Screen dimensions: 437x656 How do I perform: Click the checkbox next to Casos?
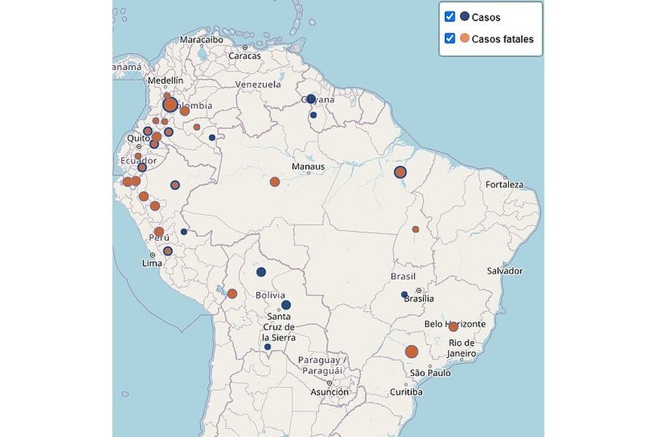click(x=450, y=17)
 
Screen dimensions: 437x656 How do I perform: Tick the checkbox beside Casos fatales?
click(x=450, y=38)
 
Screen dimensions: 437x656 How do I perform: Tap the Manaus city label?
click(x=310, y=167)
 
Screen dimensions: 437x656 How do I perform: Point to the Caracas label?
click(x=244, y=56)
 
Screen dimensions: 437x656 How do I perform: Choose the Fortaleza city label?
click(x=504, y=185)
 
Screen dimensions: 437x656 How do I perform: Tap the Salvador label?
click(x=504, y=271)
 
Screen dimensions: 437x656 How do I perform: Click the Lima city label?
click(x=152, y=263)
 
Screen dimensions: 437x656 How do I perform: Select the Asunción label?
click(x=330, y=392)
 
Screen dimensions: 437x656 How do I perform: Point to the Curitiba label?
click(x=406, y=392)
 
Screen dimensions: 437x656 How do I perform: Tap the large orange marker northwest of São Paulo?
click(x=412, y=351)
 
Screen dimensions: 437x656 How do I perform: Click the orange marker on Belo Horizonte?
click(x=453, y=326)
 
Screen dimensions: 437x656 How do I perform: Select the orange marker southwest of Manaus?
click(x=274, y=182)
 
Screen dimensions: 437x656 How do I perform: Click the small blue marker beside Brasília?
click(x=404, y=294)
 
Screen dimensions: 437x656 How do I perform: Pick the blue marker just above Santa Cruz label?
click(x=286, y=305)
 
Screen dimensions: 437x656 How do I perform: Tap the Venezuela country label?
click(x=258, y=84)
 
